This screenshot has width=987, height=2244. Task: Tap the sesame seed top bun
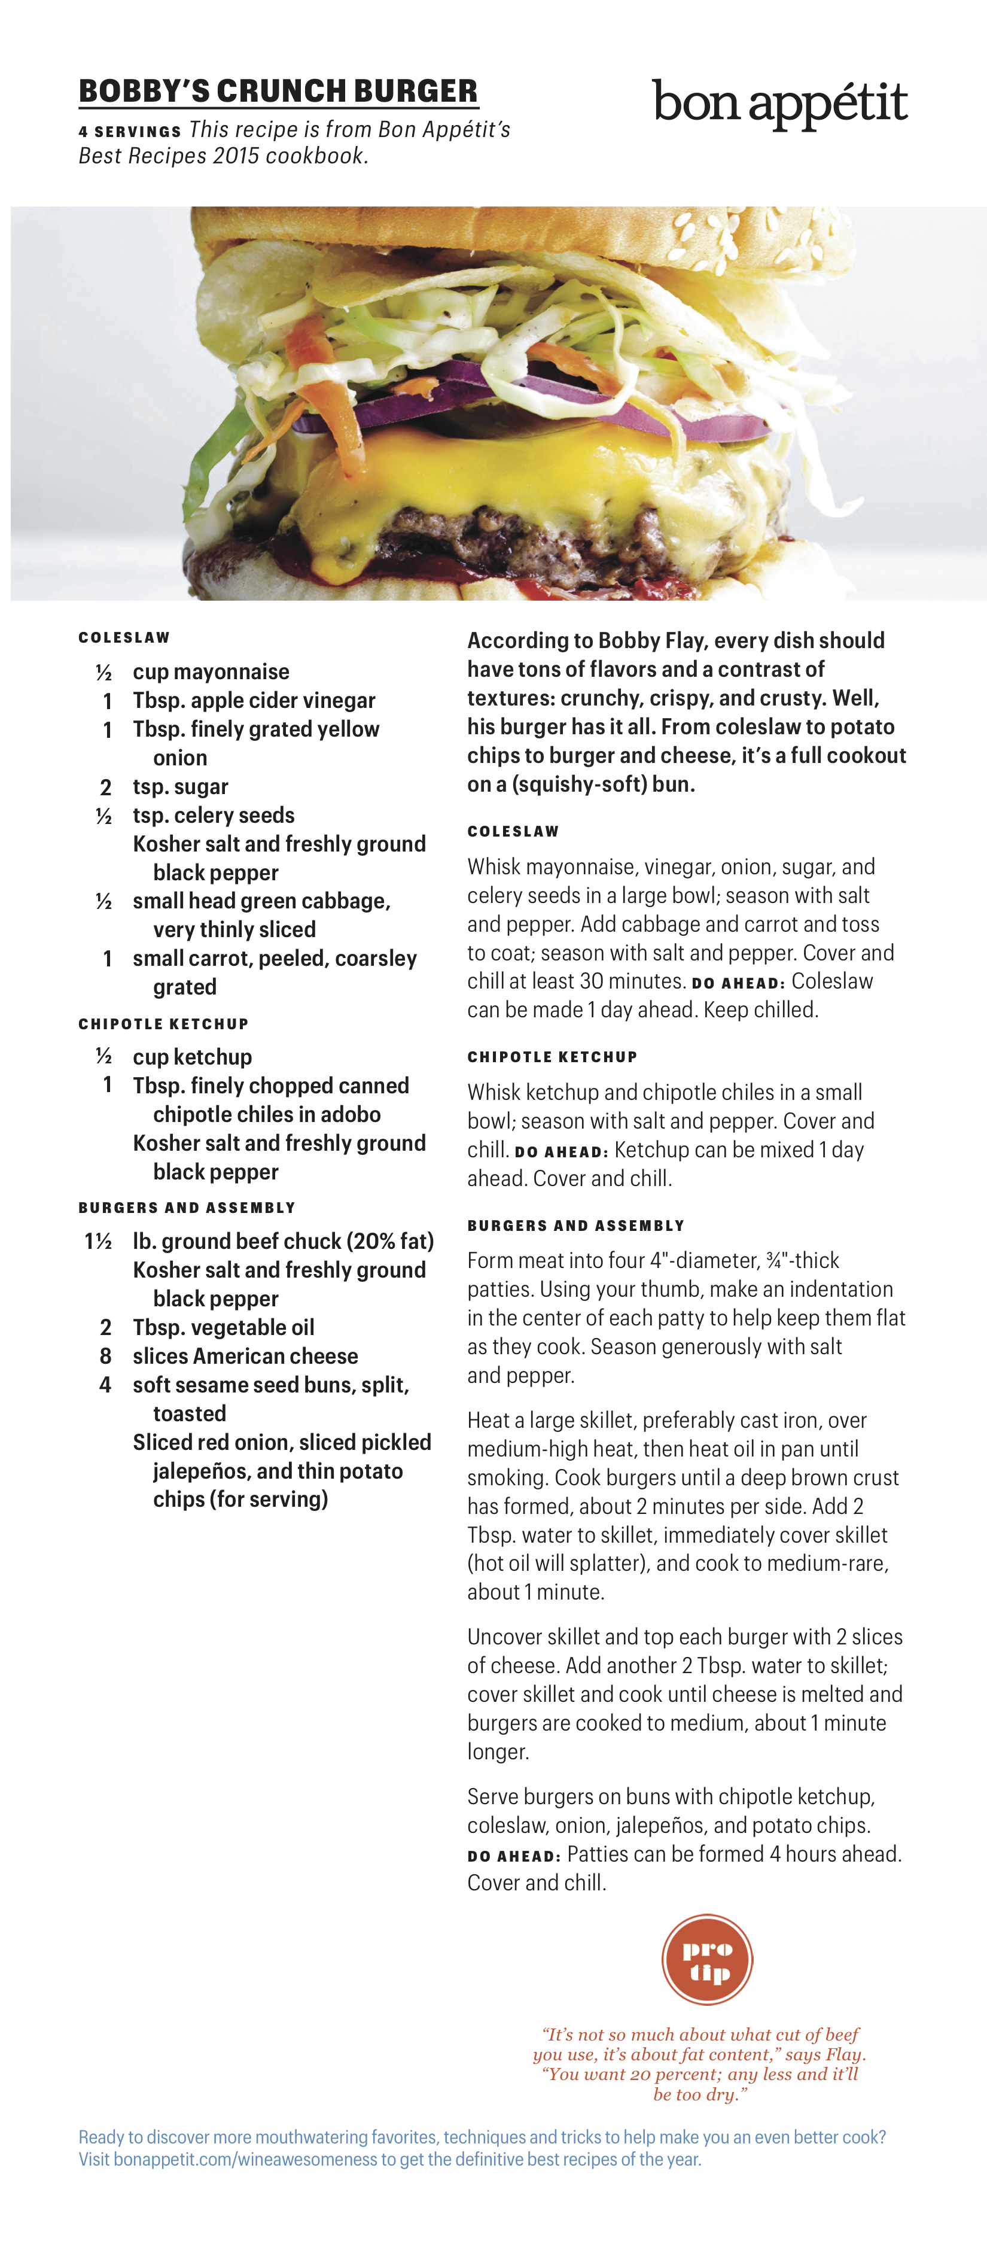tap(610, 235)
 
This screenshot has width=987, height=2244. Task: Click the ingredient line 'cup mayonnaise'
tap(211, 671)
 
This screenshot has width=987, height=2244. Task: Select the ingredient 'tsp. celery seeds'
tap(214, 816)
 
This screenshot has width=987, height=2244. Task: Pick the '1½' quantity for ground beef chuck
tap(98, 1241)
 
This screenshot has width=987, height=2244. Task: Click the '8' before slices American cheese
tap(105, 1357)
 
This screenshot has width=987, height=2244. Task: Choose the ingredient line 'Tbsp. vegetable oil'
tap(223, 1328)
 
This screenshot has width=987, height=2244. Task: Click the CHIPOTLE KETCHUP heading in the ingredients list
tap(163, 1024)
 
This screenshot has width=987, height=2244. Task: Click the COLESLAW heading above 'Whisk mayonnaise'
tap(513, 831)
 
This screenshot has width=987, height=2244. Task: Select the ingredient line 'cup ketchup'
tap(193, 1057)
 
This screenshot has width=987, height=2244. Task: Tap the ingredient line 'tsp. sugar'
tap(180, 787)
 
